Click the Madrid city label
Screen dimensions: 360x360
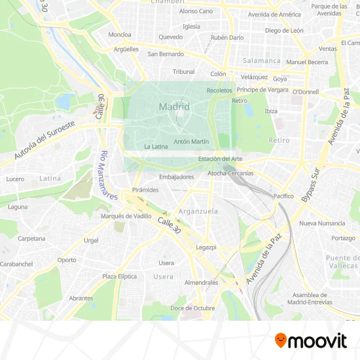tap(174, 106)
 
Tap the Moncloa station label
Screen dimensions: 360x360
tap(120, 35)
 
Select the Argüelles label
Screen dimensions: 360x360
tap(126, 48)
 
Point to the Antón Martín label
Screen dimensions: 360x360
tap(192, 141)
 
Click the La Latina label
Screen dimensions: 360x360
tap(156, 147)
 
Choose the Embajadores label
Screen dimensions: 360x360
tap(177, 177)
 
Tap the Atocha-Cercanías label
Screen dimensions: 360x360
tap(230, 173)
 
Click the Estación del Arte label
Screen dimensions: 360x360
tap(221, 158)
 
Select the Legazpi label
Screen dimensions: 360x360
tap(206, 247)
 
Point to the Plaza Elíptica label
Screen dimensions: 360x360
tap(120, 276)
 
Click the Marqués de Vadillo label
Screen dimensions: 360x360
tap(126, 215)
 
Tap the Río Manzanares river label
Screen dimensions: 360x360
tap(107, 175)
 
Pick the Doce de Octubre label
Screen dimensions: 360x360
tap(192, 308)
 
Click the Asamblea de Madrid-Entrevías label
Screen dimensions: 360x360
tap(310, 298)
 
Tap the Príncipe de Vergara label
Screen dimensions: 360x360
tap(262, 89)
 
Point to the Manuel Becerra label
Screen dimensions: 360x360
tap(307, 62)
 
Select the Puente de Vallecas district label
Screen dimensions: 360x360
tap(342, 261)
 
